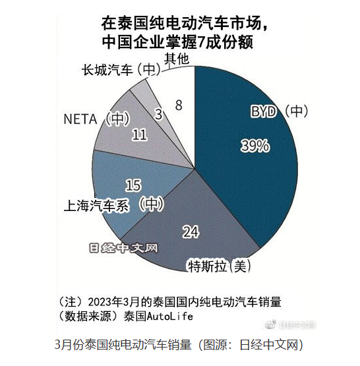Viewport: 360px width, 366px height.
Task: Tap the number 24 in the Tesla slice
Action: click(x=191, y=232)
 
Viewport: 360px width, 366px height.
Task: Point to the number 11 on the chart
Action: click(x=139, y=135)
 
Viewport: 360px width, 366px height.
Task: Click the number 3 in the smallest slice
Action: click(x=158, y=114)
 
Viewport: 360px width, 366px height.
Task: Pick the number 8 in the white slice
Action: click(x=179, y=104)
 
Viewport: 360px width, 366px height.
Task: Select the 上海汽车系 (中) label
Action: click(x=113, y=204)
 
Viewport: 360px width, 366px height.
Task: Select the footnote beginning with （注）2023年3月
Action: click(x=170, y=301)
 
